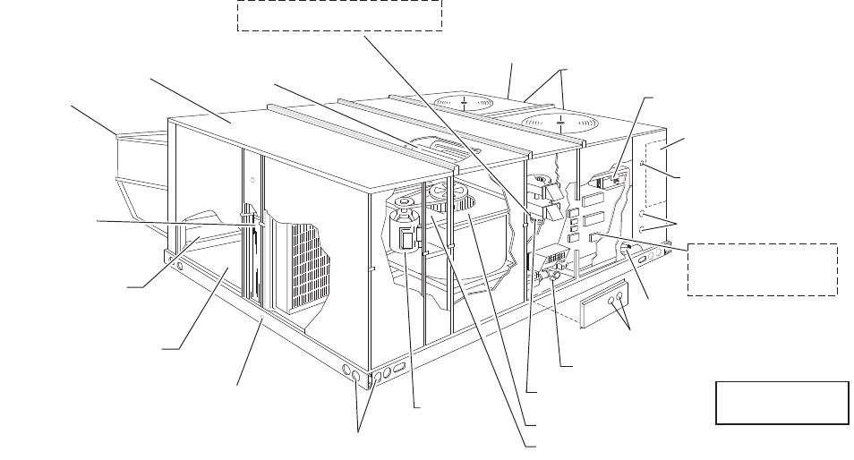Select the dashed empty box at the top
tap(339, 15)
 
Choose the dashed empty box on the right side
tap(762, 268)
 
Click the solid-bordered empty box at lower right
tap(781, 402)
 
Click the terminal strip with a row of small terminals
tap(555, 260)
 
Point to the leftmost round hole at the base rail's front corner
tap(346, 368)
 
